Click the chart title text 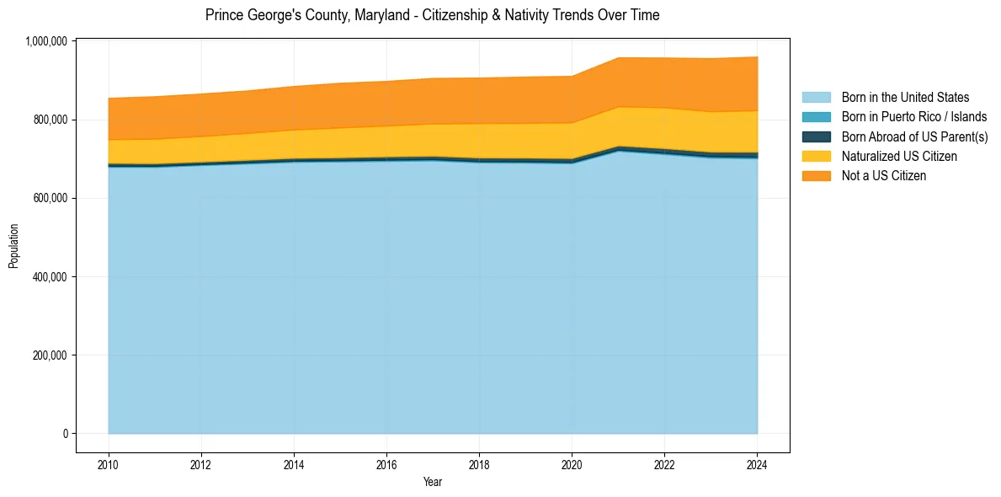[x=432, y=15]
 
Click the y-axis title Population [x=13, y=246]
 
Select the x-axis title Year [x=432, y=483]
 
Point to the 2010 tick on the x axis [x=108, y=464]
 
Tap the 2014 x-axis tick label [x=293, y=464]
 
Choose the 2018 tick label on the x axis [x=478, y=464]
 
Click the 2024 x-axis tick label [x=757, y=464]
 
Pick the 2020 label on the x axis [x=572, y=464]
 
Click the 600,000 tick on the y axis [x=48, y=198]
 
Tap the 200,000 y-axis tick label [x=48, y=355]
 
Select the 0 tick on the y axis [x=64, y=433]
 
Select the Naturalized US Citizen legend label [x=899, y=157]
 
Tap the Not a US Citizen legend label [x=883, y=176]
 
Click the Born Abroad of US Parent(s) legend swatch [x=816, y=136]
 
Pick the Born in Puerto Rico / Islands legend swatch [x=816, y=117]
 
